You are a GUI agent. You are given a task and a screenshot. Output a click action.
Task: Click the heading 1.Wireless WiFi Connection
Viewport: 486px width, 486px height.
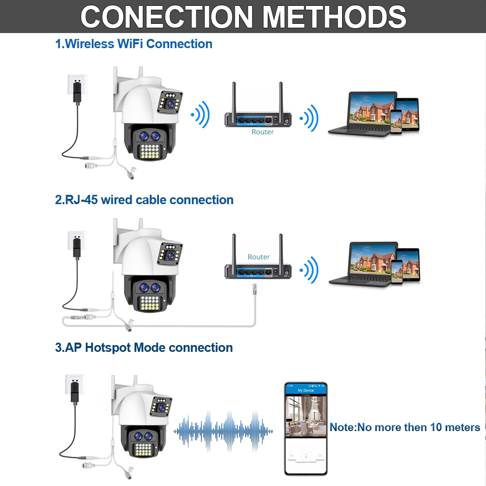(x=134, y=44)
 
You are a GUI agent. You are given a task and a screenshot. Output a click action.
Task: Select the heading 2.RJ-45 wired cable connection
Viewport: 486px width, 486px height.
(x=144, y=200)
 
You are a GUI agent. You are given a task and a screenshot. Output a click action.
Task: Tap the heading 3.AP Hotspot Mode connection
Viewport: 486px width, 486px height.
(x=144, y=347)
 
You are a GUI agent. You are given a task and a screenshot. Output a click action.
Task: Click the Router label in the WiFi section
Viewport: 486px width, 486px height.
(x=262, y=132)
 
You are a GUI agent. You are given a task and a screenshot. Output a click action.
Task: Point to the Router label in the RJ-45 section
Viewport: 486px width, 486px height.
(x=259, y=257)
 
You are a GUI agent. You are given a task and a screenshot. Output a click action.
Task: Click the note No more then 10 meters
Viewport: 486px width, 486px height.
(x=405, y=427)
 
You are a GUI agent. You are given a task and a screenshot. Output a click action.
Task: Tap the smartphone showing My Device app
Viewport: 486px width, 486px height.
(x=306, y=428)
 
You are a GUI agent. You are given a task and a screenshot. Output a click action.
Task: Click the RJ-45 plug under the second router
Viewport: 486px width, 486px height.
(x=253, y=291)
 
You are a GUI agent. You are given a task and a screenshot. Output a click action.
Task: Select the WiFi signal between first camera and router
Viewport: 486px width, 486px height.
(x=201, y=116)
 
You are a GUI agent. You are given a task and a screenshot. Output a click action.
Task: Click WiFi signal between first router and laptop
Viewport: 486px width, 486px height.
(x=309, y=118)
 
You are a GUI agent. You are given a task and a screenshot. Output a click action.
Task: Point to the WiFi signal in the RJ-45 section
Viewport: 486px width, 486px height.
(x=309, y=270)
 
